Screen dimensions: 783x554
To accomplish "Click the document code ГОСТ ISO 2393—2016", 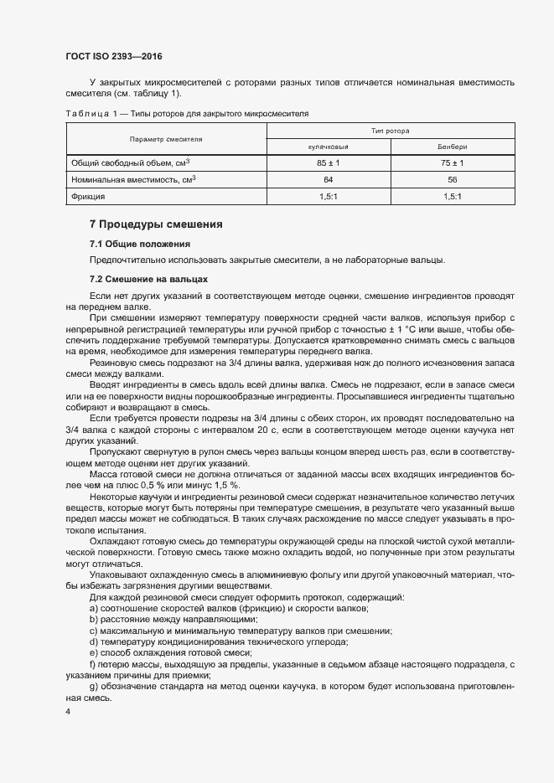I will point(113,56).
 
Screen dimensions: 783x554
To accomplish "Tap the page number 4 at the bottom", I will point(69,711).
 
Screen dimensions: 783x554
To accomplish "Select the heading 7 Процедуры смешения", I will point(156,224).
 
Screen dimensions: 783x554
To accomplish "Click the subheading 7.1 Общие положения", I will point(140,244).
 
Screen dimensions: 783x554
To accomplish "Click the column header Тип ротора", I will point(390,131).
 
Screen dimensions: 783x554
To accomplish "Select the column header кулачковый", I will point(328,147).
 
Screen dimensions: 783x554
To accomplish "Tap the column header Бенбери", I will point(453,147).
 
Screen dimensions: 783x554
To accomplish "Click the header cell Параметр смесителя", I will point(166,138).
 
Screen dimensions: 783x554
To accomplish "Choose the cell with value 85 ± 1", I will point(328,162).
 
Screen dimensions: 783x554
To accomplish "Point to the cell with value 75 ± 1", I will point(453,162).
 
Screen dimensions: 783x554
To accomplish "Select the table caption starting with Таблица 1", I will point(188,112).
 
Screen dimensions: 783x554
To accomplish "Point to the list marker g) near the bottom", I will point(94,687).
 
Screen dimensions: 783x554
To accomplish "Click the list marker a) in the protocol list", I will point(94,607).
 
